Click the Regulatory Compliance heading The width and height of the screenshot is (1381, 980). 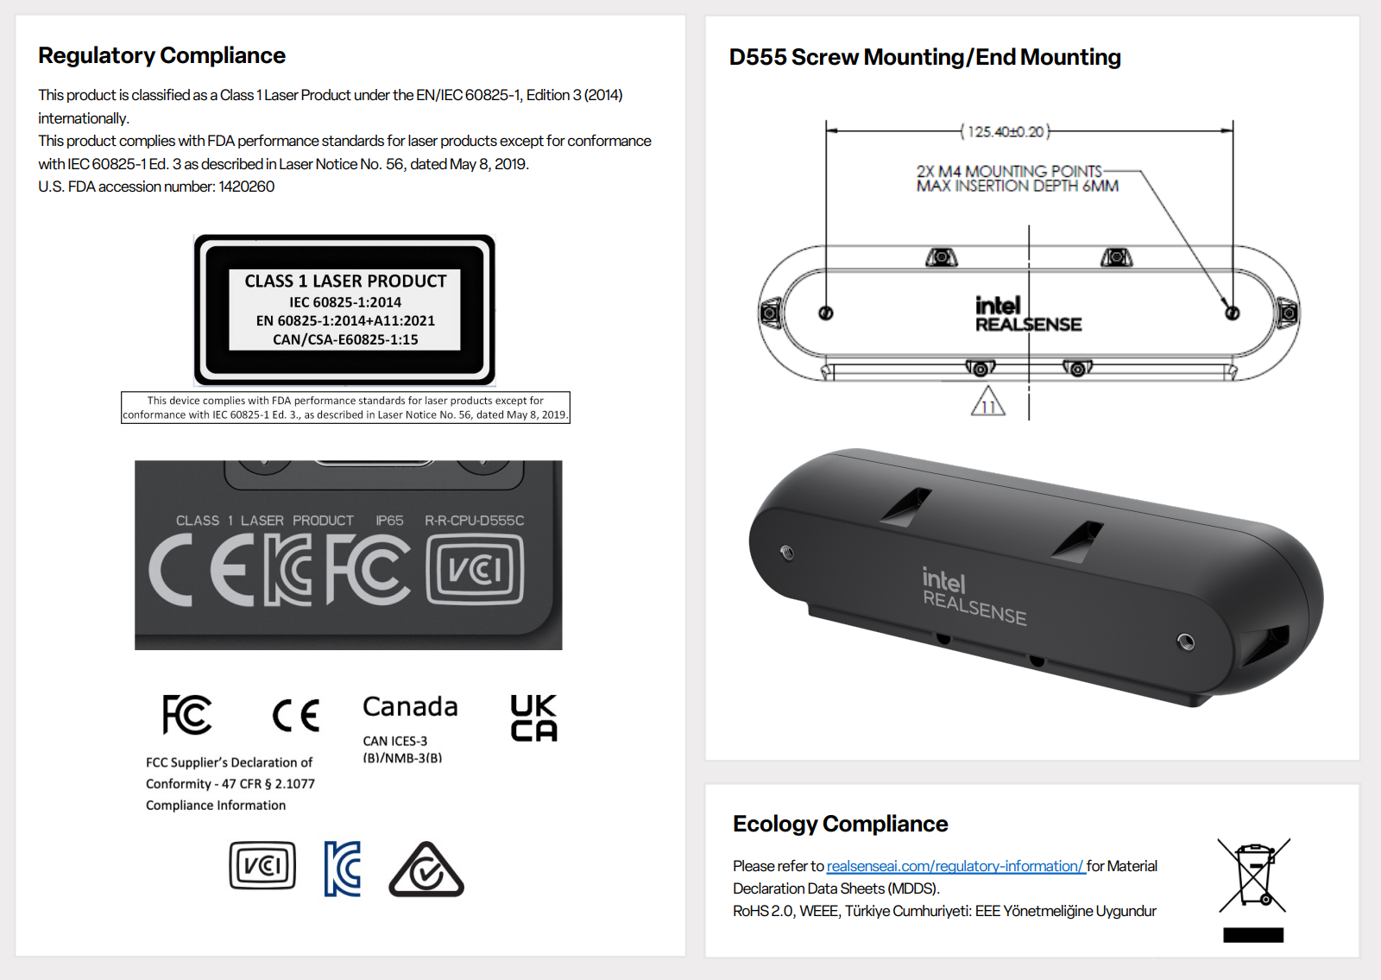[161, 55]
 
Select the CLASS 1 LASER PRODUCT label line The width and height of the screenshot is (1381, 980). [345, 281]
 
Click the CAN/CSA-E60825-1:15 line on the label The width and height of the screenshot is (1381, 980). [345, 339]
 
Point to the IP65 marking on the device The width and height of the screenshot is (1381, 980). [389, 521]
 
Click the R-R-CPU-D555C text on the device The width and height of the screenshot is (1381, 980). [474, 521]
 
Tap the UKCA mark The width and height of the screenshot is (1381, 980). [533, 718]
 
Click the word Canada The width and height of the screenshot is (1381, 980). [410, 706]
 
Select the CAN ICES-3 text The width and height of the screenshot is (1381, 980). [394, 741]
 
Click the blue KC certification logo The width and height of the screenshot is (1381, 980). [343, 869]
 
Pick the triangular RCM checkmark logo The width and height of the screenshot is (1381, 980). [426, 870]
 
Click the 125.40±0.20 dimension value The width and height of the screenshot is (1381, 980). [1006, 131]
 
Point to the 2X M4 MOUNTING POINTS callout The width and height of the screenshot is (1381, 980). [1009, 171]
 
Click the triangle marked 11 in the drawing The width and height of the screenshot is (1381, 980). [988, 403]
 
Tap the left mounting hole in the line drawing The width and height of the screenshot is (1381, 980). [826, 313]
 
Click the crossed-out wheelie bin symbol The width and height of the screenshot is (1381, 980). [1253, 876]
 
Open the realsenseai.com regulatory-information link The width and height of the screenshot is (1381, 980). [955, 866]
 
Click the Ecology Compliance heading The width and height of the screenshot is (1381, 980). [840, 824]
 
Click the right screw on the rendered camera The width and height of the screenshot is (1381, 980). [1186, 641]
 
